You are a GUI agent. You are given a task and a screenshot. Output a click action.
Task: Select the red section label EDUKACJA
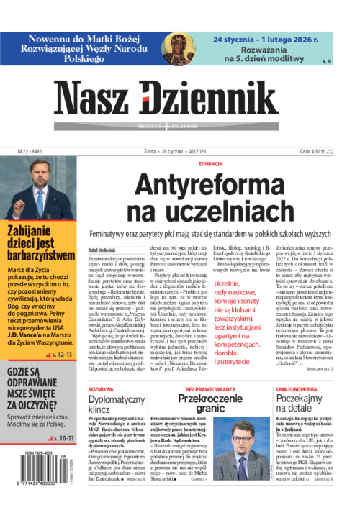pyautogui.click(x=210, y=164)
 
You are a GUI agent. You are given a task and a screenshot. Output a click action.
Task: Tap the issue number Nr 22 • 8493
pyautogui.click(x=22, y=152)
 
